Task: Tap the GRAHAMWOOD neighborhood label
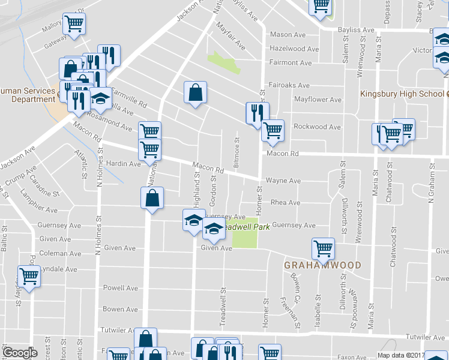[x=322, y=265]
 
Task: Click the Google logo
[x=20, y=353]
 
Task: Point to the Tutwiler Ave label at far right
[x=427, y=337]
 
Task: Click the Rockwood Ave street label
[x=317, y=127]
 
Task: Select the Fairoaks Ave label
[x=289, y=86]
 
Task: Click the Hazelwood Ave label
[x=294, y=49]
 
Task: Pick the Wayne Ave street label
[x=283, y=181]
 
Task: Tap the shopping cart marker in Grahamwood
[x=323, y=248]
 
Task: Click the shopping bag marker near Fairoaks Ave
[x=195, y=92]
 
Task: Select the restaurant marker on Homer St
[x=257, y=113]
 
